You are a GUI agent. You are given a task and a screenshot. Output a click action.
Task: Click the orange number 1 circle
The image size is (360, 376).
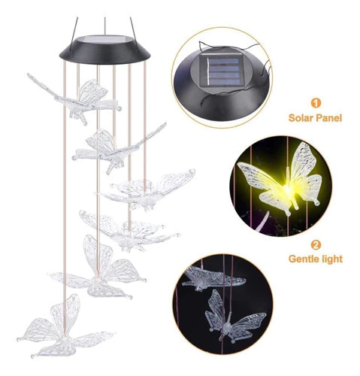pos(316,103)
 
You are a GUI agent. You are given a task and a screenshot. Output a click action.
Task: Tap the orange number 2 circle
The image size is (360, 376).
pos(316,244)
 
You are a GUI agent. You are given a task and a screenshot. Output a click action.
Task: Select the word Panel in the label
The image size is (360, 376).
pos(329,117)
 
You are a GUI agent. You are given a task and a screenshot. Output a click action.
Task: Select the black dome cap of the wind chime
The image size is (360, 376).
pos(105,50)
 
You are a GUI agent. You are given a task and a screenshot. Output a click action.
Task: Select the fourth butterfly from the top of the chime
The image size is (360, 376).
pos(128,232)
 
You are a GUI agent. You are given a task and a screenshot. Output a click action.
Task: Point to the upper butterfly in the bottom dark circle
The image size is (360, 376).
pos(212,279)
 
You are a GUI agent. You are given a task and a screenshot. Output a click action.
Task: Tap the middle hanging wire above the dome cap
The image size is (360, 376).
pos(105,26)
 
